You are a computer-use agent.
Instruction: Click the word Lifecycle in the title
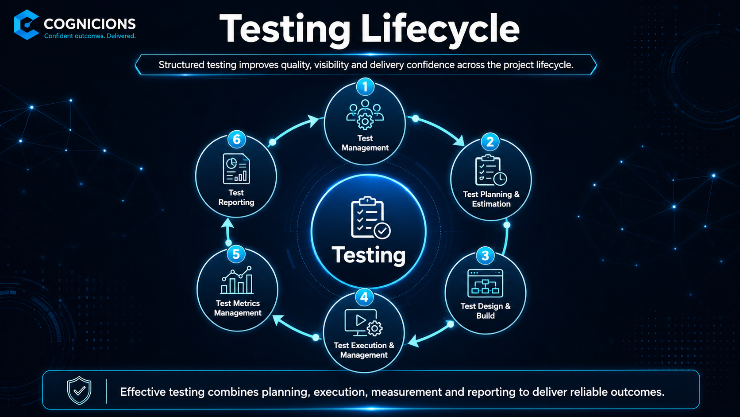pyautogui.click(x=439, y=30)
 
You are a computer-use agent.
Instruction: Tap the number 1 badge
pyautogui.click(x=365, y=87)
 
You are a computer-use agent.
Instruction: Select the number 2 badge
pyautogui.click(x=490, y=142)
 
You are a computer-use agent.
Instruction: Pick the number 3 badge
pyautogui.click(x=485, y=255)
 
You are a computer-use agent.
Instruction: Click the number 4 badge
pyautogui.click(x=364, y=297)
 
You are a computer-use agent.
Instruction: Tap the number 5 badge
pyautogui.click(x=236, y=254)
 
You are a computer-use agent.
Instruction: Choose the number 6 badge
pyautogui.click(x=236, y=139)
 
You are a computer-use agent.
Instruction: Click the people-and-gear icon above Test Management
pyautogui.click(x=365, y=114)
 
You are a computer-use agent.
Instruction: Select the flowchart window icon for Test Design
pyautogui.click(x=486, y=283)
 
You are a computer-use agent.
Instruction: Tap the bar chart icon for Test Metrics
pyautogui.click(x=237, y=280)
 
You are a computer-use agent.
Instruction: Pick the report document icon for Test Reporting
pyautogui.click(x=236, y=169)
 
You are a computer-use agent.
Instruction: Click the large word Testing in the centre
pyautogui.click(x=369, y=255)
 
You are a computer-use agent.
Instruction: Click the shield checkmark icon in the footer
pyautogui.click(x=79, y=390)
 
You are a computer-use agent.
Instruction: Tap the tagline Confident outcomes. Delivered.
pyautogui.click(x=90, y=36)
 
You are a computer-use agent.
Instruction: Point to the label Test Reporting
pyautogui.click(x=236, y=198)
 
